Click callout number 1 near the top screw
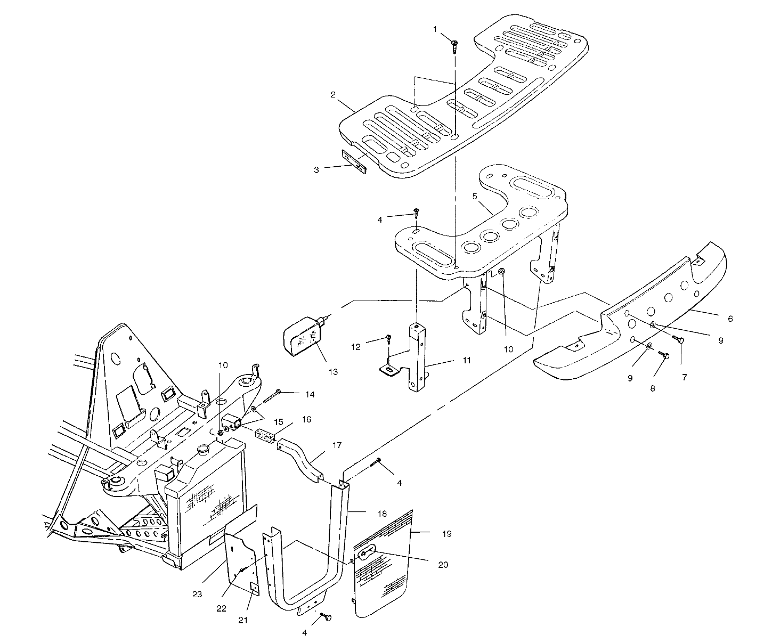[x=435, y=29]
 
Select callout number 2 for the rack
[x=332, y=95]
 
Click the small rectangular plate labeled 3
[x=354, y=161]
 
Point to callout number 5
[x=475, y=197]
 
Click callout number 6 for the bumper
[x=730, y=319]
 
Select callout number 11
[x=467, y=361]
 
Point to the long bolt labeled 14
[x=272, y=397]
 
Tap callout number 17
[x=337, y=445]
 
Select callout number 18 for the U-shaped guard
[x=382, y=514]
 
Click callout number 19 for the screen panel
[x=447, y=534]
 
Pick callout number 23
[x=197, y=595]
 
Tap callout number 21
[x=243, y=620]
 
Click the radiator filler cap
[x=202, y=449]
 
